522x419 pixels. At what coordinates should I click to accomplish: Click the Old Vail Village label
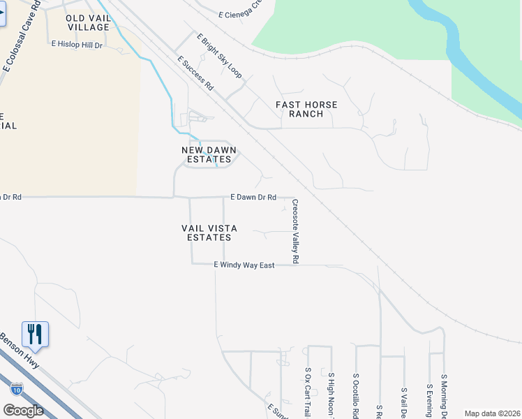88,22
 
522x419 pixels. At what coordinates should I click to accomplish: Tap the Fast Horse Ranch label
306,109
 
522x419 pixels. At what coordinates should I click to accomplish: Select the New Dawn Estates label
209,154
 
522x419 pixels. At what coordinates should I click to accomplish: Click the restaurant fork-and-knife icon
35,335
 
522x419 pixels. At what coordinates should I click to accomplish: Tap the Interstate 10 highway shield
17,388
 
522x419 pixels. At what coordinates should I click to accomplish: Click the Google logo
23,411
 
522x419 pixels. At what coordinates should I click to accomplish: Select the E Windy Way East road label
244,265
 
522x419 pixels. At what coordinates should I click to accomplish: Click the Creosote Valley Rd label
295,230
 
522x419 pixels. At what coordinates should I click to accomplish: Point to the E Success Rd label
195,73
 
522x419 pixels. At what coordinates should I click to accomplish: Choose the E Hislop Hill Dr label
77,44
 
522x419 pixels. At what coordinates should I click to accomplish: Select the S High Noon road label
331,395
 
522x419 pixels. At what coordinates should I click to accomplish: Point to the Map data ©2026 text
493,413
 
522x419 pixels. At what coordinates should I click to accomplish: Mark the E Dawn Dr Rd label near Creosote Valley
253,197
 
